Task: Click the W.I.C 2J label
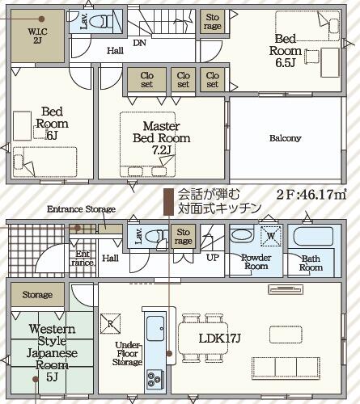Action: point(37,36)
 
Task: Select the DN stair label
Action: point(139,43)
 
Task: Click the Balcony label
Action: point(286,138)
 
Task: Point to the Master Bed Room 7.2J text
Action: point(162,138)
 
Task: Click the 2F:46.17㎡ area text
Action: point(311,195)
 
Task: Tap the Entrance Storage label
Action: point(81,209)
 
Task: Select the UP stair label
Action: point(213,258)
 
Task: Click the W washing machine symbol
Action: point(271,236)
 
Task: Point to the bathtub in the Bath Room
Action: point(313,237)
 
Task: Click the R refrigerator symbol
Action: point(110,323)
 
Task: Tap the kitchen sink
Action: point(155,328)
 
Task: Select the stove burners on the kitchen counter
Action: point(155,379)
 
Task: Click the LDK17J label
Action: point(219,338)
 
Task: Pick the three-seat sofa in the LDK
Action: point(286,368)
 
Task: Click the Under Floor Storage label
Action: point(127,353)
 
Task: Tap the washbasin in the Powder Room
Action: point(242,235)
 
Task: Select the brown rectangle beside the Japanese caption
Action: point(168,202)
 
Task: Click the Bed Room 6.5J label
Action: point(286,50)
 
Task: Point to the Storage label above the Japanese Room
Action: point(37,295)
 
